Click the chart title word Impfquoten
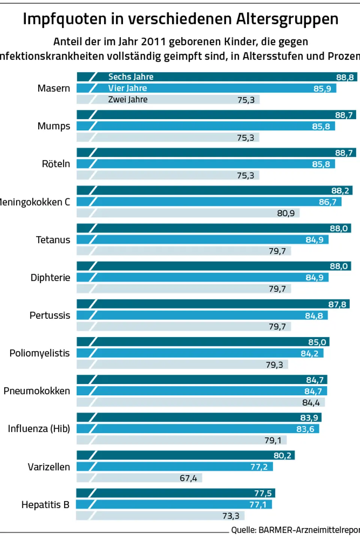coord(64,19)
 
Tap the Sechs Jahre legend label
coord(131,77)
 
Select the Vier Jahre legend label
coord(127,88)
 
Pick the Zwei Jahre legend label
coord(128,100)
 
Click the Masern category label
coord(54,88)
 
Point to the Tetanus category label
coord(53,240)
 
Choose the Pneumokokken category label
coord(37,391)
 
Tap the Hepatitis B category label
coord(45,505)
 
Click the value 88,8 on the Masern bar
coord(345,78)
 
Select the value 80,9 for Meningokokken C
coord(286,213)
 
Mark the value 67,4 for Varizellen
coord(188,478)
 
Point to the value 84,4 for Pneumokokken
coord(311,403)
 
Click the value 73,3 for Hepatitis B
coord(231,516)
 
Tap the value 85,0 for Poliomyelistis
coord(317,342)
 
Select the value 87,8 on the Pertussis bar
coord(337,304)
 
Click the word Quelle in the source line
coord(243,530)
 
